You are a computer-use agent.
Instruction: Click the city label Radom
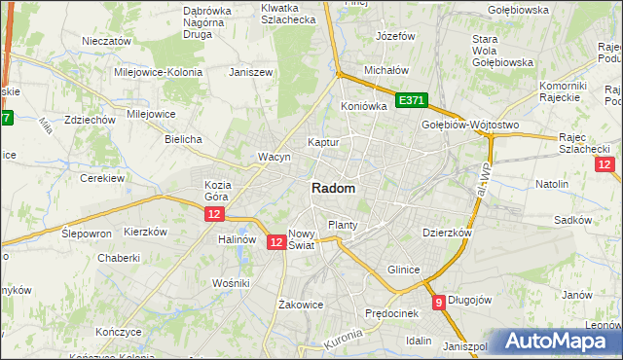[333, 188]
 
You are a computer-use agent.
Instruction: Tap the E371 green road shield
[412, 100]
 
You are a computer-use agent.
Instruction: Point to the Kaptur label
[323, 142]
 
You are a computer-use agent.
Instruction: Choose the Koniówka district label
[364, 106]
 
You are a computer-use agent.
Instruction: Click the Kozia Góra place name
[217, 191]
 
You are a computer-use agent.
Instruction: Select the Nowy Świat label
[303, 239]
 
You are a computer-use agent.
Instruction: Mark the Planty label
[343, 225]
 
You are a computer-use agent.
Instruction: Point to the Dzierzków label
[447, 233]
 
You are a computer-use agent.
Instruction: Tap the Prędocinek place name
[391, 313]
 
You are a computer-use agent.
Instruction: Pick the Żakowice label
[300, 304]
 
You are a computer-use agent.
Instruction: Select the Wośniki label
[231, 282]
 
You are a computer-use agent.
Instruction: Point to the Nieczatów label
[107, 42]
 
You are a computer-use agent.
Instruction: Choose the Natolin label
[552, 183]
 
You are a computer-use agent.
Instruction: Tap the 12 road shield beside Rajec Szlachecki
[605, 165]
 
